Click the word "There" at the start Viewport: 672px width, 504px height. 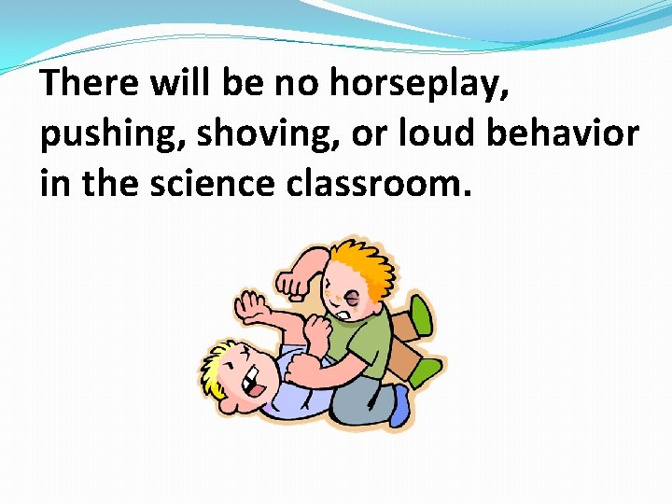87,84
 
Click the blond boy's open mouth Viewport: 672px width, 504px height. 250,380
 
